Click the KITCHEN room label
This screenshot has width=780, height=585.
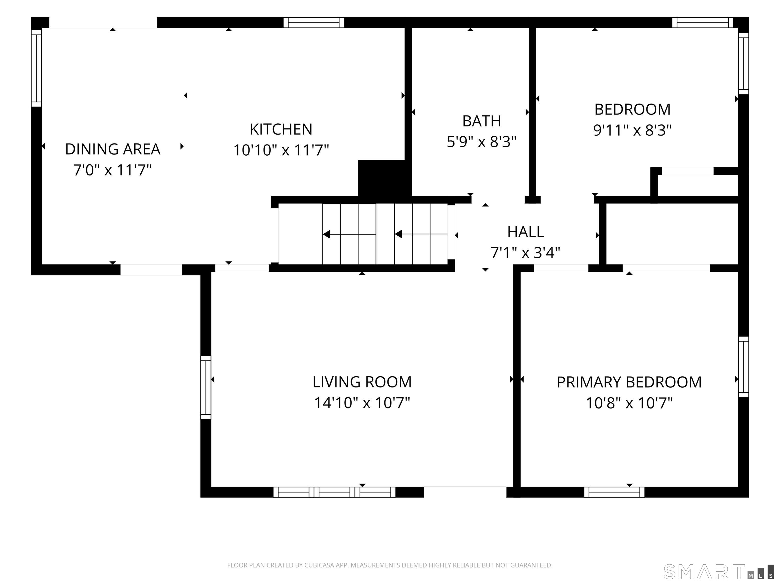[x=281, y=129]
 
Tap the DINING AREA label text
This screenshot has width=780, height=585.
[x=113, y=149]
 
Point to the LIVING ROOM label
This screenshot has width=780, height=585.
[x=362, y=382]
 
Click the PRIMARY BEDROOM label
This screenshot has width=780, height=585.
[x=629, y=382]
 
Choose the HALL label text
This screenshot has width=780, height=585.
[x=525, y=232]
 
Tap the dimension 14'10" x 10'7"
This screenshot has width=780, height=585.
[x=362, y=403]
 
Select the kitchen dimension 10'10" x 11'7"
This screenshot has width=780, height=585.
[x=281, y=150]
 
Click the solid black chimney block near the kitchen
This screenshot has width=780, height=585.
[x=384, y=178]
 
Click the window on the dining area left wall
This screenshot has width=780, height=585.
[x=36, y=68]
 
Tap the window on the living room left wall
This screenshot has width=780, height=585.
[x=206, y=387]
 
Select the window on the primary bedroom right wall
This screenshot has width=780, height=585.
[x=744, y=367]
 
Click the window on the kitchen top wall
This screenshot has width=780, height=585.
[x=314, y=23]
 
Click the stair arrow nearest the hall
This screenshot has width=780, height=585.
[x=421, y=234]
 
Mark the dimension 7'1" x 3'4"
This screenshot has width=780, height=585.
[x=525, y=253]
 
